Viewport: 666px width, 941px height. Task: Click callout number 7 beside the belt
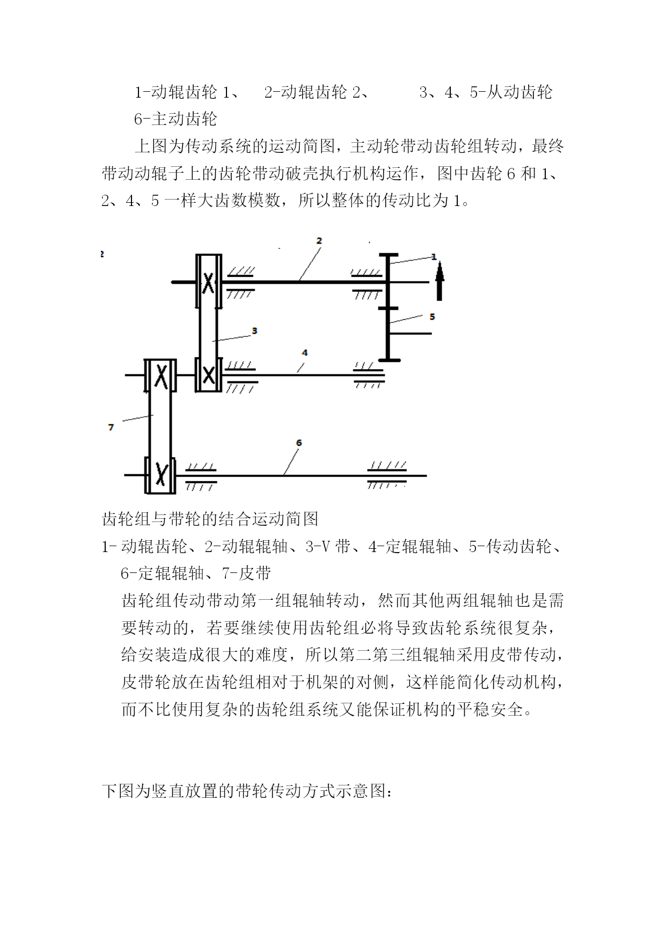[111, 427]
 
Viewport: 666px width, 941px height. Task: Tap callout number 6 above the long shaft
[299, 443]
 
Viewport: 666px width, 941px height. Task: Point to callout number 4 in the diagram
[305, 352]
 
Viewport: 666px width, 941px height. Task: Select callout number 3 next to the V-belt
[254, 330]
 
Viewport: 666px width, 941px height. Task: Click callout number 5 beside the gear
[433, 317]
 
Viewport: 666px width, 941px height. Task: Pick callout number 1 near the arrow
[434, 257]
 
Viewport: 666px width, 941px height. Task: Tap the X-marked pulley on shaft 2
[209, 282]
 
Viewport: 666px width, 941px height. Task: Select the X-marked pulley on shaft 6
[160, 474]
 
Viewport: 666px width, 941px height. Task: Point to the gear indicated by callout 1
[388, 280]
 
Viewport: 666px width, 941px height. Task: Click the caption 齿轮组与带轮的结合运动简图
[210, 519]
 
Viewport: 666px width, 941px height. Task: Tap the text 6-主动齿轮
[175, 119]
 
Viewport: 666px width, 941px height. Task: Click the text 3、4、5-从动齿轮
[486, 92]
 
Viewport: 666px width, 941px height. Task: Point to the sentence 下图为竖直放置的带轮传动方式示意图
[247, 791]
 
